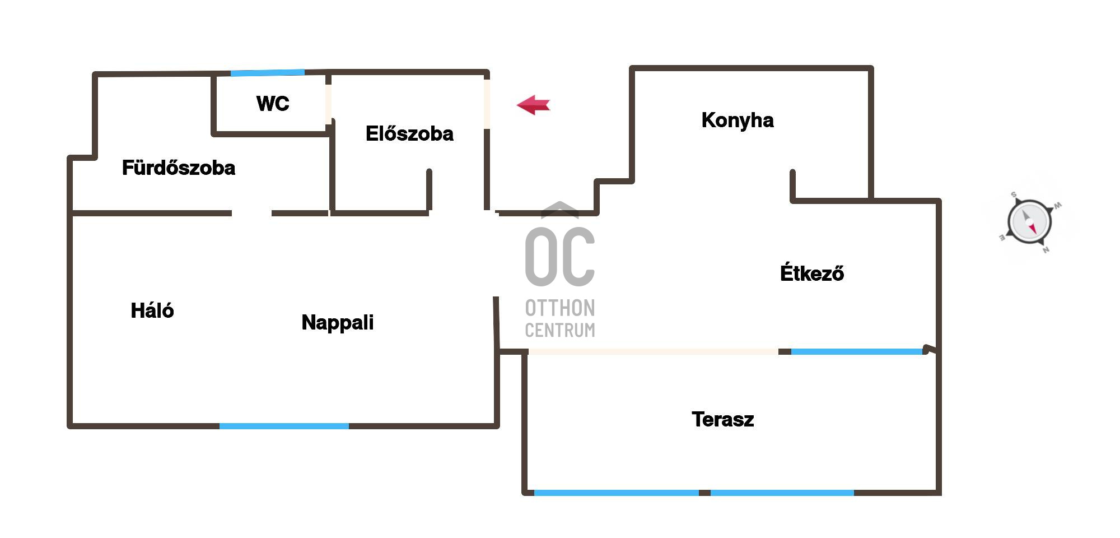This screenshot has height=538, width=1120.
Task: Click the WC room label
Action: pyautogui.click(x=273, y=104)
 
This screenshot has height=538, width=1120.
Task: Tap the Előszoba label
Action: pyautogui.click(x=409, y=133)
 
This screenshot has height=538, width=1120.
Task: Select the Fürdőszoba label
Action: pyautogui.click(x=179, y=168)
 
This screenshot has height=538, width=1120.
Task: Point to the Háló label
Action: pyautogui.click(x=152, y=310)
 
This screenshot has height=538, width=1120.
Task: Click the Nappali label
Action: pyautogui.click(x=338, y=323)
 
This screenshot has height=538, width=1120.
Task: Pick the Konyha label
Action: pyautogui.click(x=738, y=120)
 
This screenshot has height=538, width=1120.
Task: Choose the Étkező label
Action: pyautogui.click(x=812, y=273)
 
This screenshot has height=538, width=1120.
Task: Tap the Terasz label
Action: pyautogui.click(x=723, y=419)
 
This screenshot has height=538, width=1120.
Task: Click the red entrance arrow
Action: pyautogui.click(x=533, y=105)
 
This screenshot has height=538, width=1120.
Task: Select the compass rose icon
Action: pyautogui.click(x=1029, y=222)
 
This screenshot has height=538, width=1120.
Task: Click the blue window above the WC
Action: pyautogui.click(x=268, y=73)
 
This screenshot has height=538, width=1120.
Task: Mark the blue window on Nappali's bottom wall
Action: pyautogui.click(x=284, y=426)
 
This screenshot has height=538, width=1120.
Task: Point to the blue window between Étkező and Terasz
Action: pyautogui.click(x=857, y=352)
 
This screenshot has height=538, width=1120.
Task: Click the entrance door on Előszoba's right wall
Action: pyautogui.click(x=487, y=104)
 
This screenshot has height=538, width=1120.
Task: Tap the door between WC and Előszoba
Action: pyautogui.click(x=329, y=104)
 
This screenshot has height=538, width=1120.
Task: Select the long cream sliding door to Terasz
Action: pyautogui.click(x=653, y=352)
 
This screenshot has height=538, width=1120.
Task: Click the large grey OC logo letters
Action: pyautogui.click(x=560, y=256)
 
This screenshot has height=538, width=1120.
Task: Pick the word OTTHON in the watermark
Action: pyautogui.click(x=560, y=308)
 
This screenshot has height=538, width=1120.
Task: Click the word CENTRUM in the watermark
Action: pyautogui.click(x=560, y=330)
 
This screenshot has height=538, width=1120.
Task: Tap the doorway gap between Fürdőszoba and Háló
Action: pyautogui.click(x=252, y=214)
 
